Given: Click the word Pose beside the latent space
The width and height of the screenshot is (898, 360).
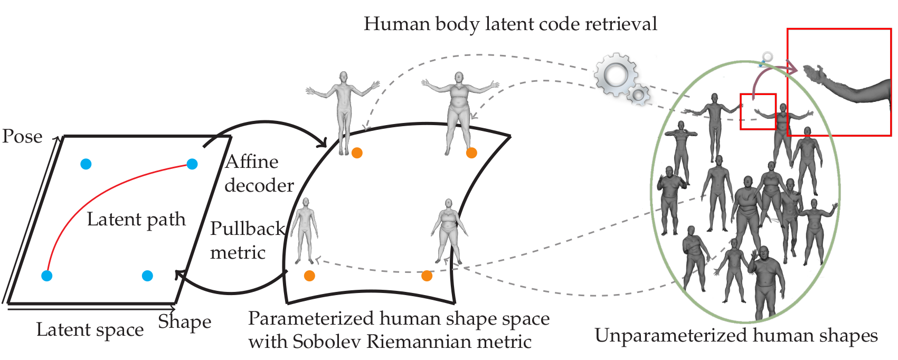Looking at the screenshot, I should click(22, 137).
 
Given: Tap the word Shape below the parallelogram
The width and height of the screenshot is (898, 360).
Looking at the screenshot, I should click(185, 321).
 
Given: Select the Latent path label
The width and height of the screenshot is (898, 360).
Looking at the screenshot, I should click(136, 219).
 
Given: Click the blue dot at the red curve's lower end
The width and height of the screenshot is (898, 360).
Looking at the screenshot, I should click(47, 276).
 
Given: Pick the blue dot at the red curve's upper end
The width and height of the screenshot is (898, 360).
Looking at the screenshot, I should click(192, 164).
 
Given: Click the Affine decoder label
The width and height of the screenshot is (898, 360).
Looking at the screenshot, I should click(259, 173).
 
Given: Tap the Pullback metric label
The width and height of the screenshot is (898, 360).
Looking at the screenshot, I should click(247, 240).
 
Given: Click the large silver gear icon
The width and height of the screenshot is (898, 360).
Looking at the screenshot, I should click(616, 74).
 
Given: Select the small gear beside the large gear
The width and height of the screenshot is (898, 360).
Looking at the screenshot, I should click(640, 94).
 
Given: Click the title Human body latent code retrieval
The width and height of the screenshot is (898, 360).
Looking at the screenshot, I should click(510, 24).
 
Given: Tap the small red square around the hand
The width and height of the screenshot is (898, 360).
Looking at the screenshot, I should click(758, 111).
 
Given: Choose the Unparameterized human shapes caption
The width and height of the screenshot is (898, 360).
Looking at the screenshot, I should click(736, 336).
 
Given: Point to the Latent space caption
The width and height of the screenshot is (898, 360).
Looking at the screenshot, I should click(90, 330).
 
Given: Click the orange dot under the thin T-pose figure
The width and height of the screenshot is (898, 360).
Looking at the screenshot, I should click(357, 153).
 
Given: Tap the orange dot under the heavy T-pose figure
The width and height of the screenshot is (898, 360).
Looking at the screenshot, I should click(471, 153).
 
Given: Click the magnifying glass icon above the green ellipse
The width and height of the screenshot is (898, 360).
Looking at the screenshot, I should click(766, 58).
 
